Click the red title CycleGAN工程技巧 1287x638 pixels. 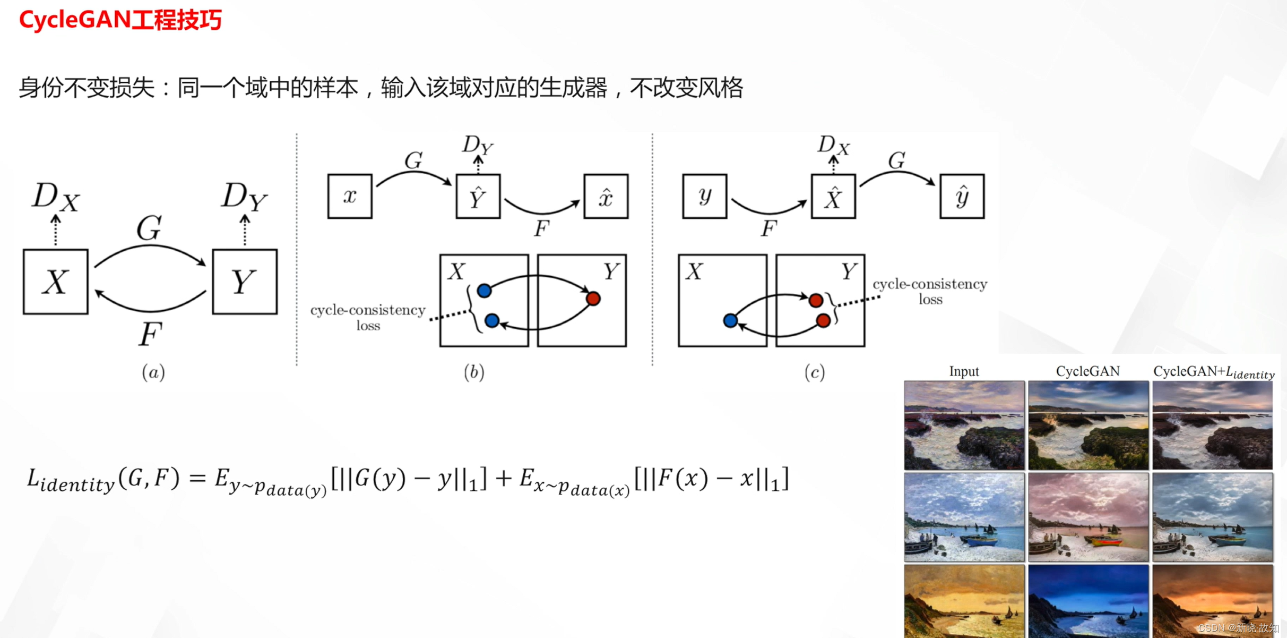point(120,20)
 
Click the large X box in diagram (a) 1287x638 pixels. point(56,282)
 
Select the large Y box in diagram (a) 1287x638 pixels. point(244,282)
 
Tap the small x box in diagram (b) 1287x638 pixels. point(350,196)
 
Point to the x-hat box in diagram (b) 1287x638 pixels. point(606,196)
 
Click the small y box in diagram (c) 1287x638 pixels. point(704,196)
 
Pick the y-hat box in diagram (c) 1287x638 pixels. point(962,196)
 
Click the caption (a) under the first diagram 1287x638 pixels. point(153,372)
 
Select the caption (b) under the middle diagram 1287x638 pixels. point(474,372)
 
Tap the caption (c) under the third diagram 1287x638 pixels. point(815,372)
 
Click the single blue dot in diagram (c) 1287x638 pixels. point(730,320)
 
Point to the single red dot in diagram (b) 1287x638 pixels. point(593,299)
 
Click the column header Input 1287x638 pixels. point(964,371)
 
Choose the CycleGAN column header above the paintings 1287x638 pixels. point(1087,371)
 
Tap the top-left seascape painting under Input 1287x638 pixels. point(964,425)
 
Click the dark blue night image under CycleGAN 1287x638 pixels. point(1088,600)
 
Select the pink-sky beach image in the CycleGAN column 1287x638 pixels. point(1088,517)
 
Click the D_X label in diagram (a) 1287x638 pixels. point(55,197)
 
